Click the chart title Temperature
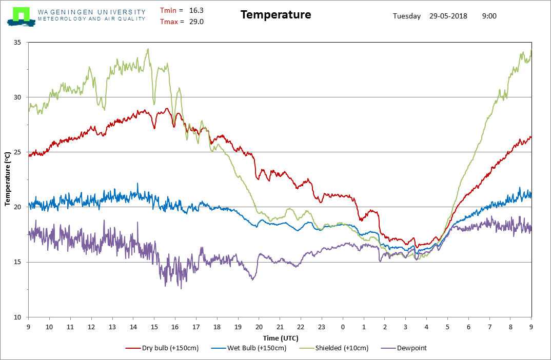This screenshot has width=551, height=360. coord(275,15)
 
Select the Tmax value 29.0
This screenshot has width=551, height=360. coord(196,22)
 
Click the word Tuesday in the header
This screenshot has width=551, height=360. coord(407,16)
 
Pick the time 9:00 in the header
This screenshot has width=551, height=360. coord(489,16)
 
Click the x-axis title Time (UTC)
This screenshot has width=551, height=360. coord(280,338)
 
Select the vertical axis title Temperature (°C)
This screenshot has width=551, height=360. coord(8,179)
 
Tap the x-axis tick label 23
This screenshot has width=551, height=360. coord(322,327)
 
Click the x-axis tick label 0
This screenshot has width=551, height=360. coord(343,327)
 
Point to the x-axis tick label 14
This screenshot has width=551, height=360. coord(133,327)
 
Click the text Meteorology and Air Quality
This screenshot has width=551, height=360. coord(91,19)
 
